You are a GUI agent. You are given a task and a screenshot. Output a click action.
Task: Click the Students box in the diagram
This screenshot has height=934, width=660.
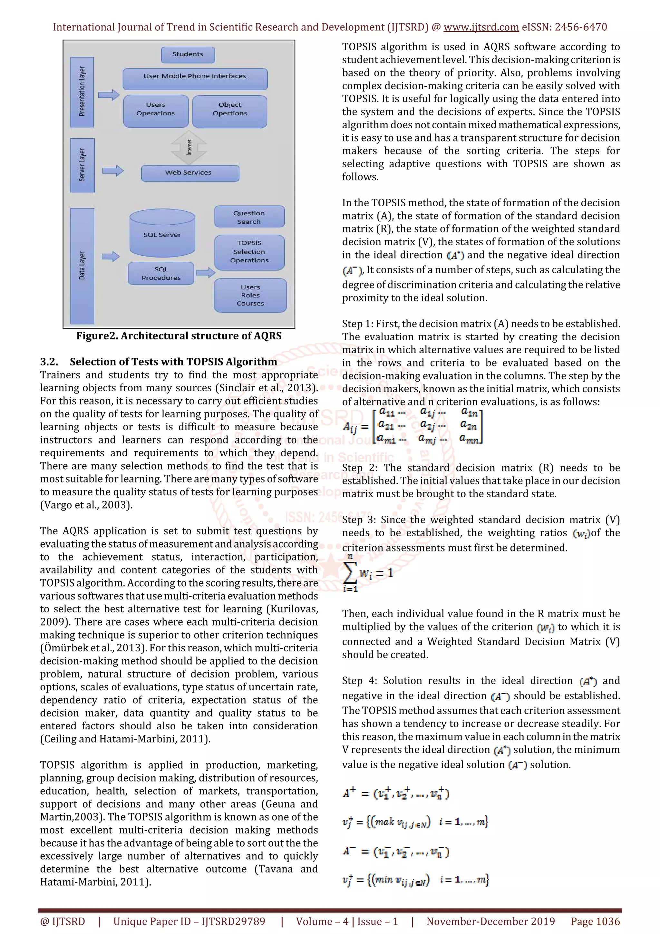[188, 54]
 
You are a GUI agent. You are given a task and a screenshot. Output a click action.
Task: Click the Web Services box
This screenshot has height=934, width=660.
[189, 173]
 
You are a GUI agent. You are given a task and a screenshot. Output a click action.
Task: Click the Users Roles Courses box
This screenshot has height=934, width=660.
[250, 295]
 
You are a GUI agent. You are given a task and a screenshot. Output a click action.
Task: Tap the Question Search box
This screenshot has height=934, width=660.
[249, 217]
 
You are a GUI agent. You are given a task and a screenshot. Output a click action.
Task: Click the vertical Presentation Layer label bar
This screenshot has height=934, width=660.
[82, 92]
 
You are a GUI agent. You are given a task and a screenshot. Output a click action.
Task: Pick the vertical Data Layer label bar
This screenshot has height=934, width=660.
[82, 266]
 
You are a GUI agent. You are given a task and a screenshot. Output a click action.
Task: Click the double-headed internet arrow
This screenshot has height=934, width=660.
[189, 147]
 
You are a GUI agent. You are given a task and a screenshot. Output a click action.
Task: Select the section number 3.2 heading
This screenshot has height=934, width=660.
[49, 362]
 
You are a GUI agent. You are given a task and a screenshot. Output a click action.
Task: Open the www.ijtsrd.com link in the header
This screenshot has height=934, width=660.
[481, 27]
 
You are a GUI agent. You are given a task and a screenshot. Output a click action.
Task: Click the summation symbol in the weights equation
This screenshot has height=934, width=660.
[350, 573]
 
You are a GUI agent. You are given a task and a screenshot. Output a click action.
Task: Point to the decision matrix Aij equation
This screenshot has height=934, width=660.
[412, 426]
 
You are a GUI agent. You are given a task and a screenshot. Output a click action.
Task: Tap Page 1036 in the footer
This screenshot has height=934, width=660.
[595, 921]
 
